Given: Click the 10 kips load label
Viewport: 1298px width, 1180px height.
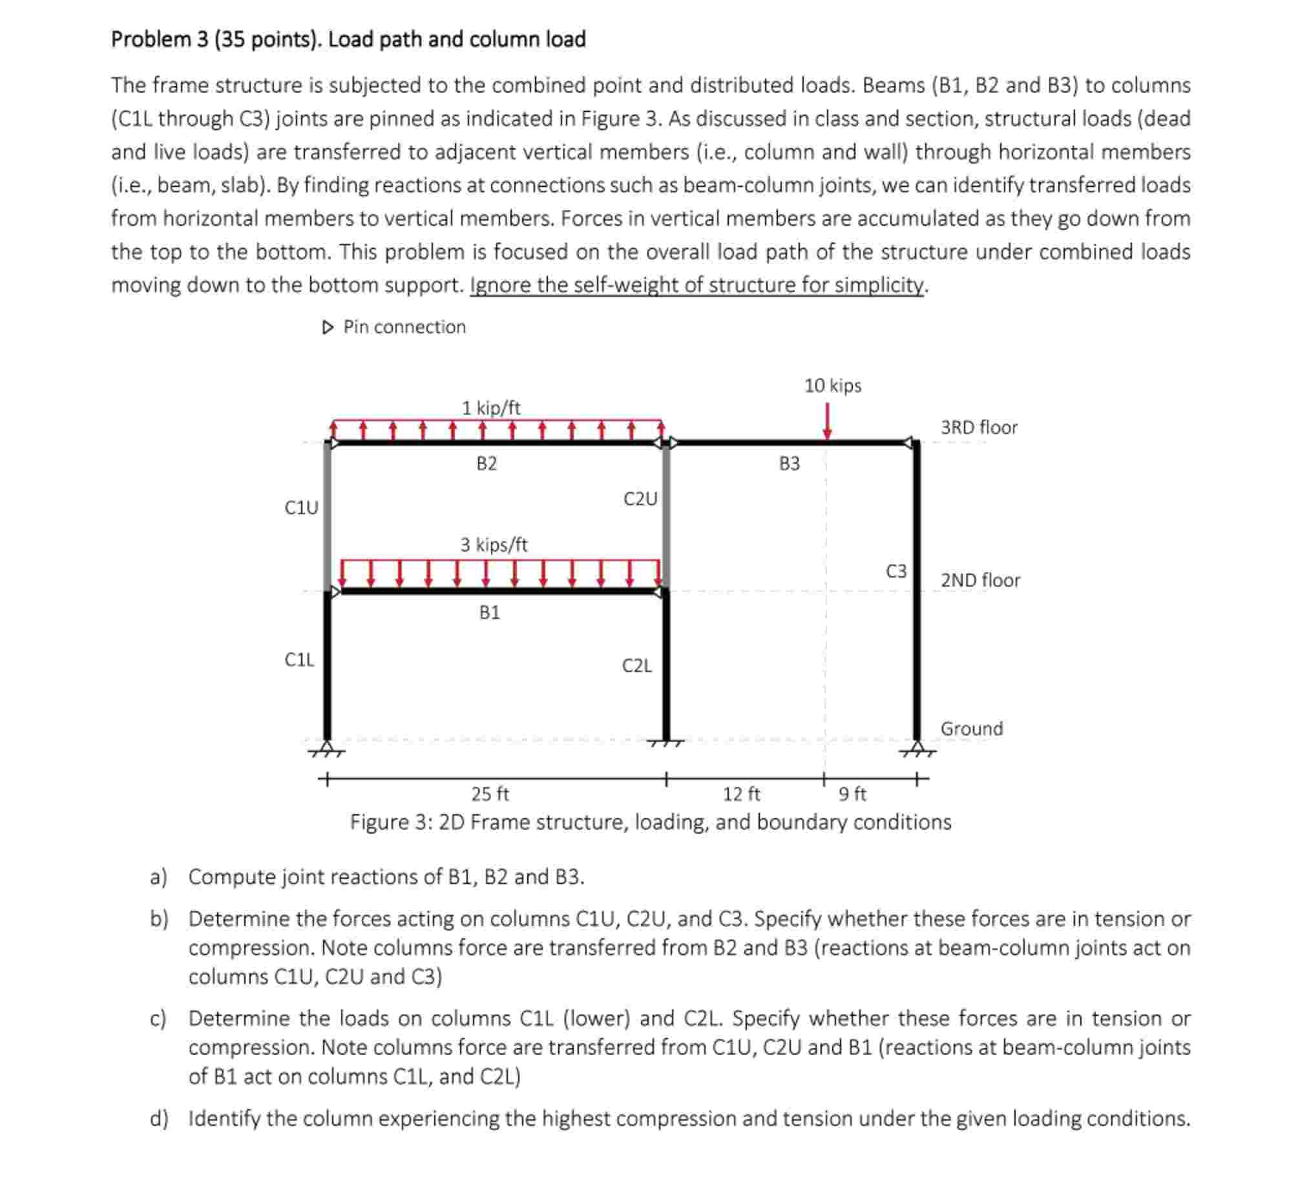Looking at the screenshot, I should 832,385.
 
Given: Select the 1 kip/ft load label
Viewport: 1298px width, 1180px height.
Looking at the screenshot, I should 490,408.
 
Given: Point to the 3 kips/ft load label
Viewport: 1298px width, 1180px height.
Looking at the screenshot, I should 494,544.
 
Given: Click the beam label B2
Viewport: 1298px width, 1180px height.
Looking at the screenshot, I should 487,464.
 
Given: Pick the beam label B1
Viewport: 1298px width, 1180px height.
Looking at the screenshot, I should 489,612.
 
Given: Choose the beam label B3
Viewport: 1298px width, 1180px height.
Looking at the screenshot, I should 789,464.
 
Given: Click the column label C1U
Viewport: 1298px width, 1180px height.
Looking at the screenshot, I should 301,508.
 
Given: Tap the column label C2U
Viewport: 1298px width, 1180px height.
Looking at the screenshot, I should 640,499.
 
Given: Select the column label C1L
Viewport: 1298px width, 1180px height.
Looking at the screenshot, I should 299,660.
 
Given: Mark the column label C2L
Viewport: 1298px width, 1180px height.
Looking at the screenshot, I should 637,665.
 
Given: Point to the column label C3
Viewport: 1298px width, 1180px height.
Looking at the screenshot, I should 895,571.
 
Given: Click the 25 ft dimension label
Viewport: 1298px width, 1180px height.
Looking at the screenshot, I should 490,793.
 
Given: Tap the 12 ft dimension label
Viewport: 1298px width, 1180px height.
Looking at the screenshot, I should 741,793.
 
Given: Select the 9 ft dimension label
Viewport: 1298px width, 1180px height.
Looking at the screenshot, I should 852,793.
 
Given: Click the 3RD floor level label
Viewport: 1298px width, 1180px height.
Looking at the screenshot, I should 978,427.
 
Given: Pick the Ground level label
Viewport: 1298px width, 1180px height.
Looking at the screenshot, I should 971,728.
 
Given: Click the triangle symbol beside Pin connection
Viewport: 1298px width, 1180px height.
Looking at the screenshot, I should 328,327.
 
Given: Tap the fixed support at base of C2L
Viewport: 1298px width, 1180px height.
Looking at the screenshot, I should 666,744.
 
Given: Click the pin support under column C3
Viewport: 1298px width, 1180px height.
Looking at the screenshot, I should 916,750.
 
